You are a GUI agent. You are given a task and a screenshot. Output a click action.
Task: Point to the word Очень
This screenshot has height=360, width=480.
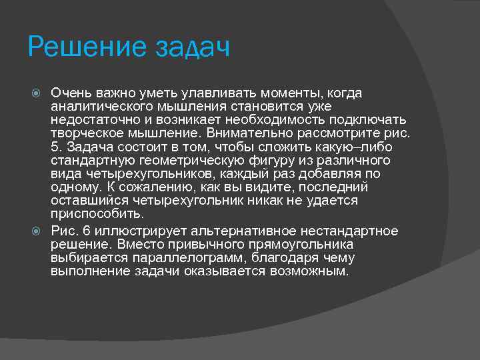(71, 93)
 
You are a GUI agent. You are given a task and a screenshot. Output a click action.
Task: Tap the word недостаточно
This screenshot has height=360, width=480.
(92, 120)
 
